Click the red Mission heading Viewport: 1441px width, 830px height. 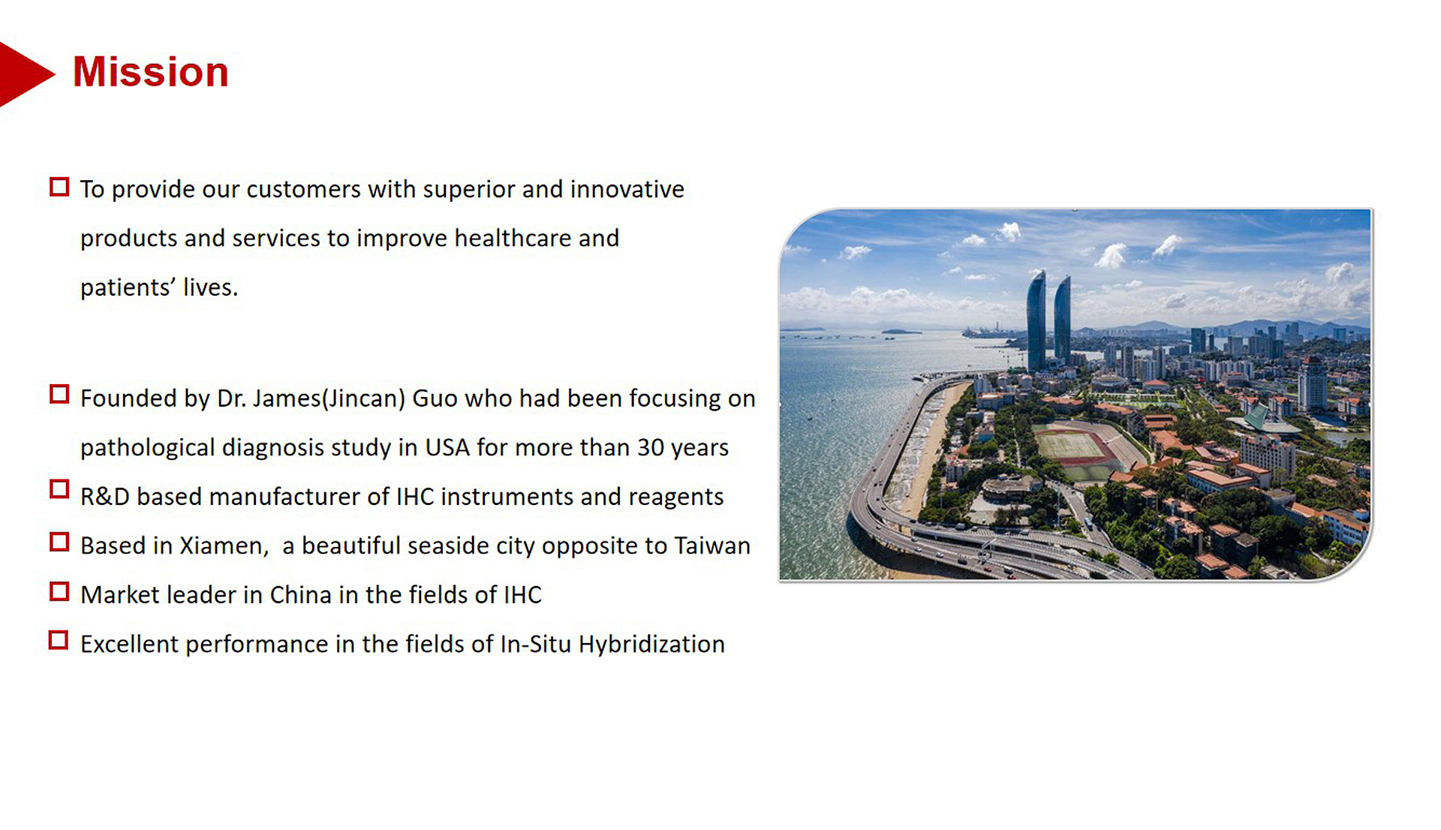[150, 72]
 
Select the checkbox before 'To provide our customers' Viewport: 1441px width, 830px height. [59, 187]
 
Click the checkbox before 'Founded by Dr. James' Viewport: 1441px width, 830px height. [59, 394]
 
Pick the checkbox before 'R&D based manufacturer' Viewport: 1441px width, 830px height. [59, 489]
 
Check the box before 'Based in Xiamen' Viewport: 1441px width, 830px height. [59, 542]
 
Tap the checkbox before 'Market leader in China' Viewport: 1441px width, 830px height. [59, 591]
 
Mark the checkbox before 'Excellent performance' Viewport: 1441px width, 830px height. [59, 640]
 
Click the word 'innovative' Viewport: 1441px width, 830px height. [627, 189]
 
